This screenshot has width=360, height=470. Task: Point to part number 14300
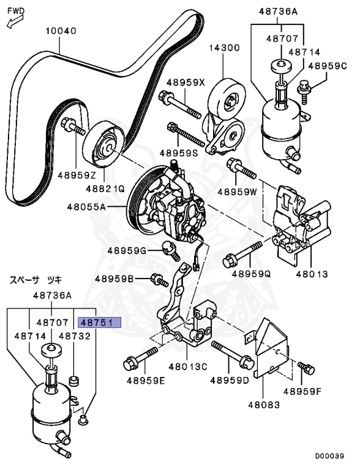pos(223,48)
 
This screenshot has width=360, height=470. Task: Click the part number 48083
pos(264,405)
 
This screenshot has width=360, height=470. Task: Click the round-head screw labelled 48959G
pos(168,248)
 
